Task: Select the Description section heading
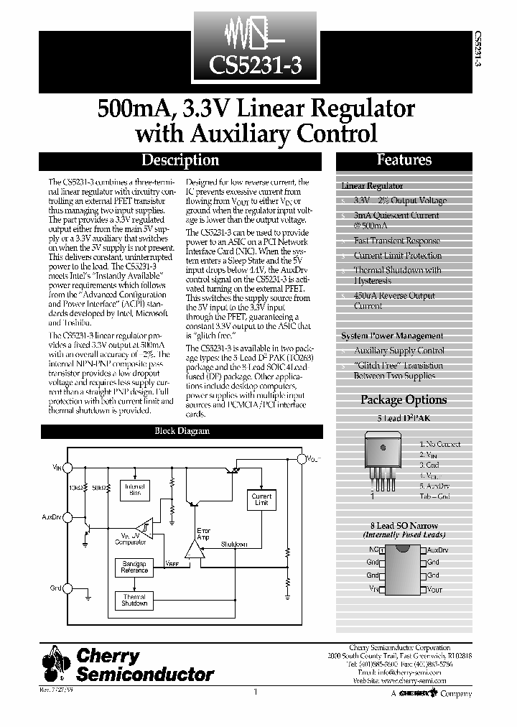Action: coord(180,160)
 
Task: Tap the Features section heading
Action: coord(404,159)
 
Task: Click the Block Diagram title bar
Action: coord(182,431)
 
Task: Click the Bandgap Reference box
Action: coord(134,567)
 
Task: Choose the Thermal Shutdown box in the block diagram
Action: coord(134,600)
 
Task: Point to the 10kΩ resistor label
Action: coord(77,486)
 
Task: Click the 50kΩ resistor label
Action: coord(100,486)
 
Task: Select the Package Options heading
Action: coord(404,399)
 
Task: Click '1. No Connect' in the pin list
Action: coord(440,445)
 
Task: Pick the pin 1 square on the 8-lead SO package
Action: coord(382,550)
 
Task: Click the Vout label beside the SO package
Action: coord(435,589)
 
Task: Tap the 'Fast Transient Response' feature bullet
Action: coord(396,241)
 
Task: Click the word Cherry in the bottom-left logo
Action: coord(108,656)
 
